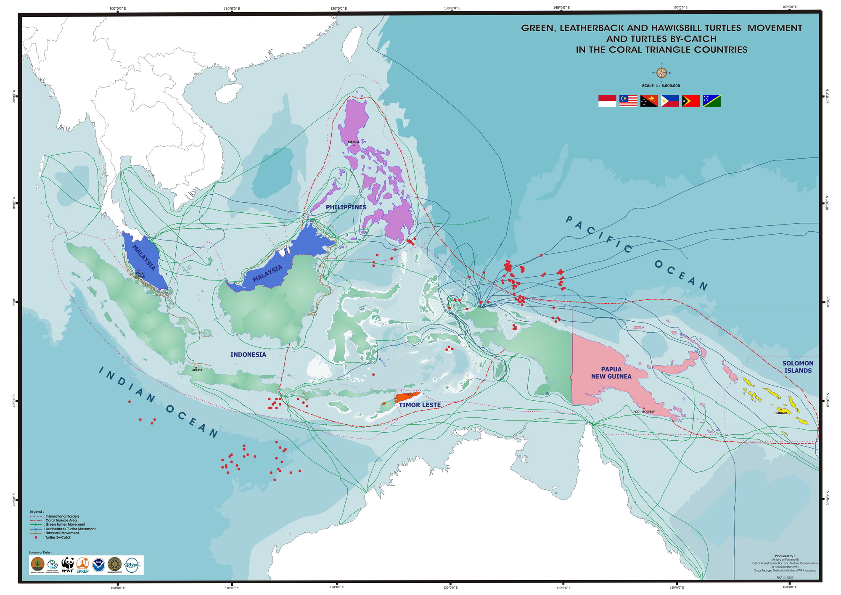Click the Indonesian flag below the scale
[607, 101]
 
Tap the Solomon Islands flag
[711, 101]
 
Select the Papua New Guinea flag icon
[649, 101]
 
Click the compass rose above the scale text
[661, 72]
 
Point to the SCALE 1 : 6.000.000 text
[661, 86]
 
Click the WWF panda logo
[68, 565]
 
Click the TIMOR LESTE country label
[420, 405]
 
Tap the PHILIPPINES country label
[346, 207]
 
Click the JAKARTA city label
[196, 370]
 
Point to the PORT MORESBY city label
[644, 412]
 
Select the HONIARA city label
[780, 413]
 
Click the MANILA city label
[353, 142]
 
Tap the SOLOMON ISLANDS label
[798, 367]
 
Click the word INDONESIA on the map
[248, 354]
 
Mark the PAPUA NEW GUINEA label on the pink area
[611, 373]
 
